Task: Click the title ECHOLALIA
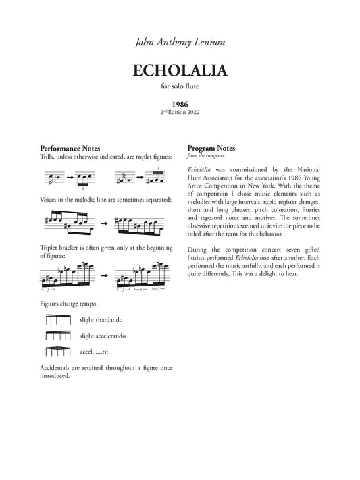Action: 180,71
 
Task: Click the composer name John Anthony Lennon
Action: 180,42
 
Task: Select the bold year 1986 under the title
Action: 180,105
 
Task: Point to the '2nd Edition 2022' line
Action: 180,112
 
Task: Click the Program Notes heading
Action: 210,148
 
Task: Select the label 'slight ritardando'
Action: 101,319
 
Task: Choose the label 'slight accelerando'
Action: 102,336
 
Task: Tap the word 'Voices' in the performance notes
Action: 50,201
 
